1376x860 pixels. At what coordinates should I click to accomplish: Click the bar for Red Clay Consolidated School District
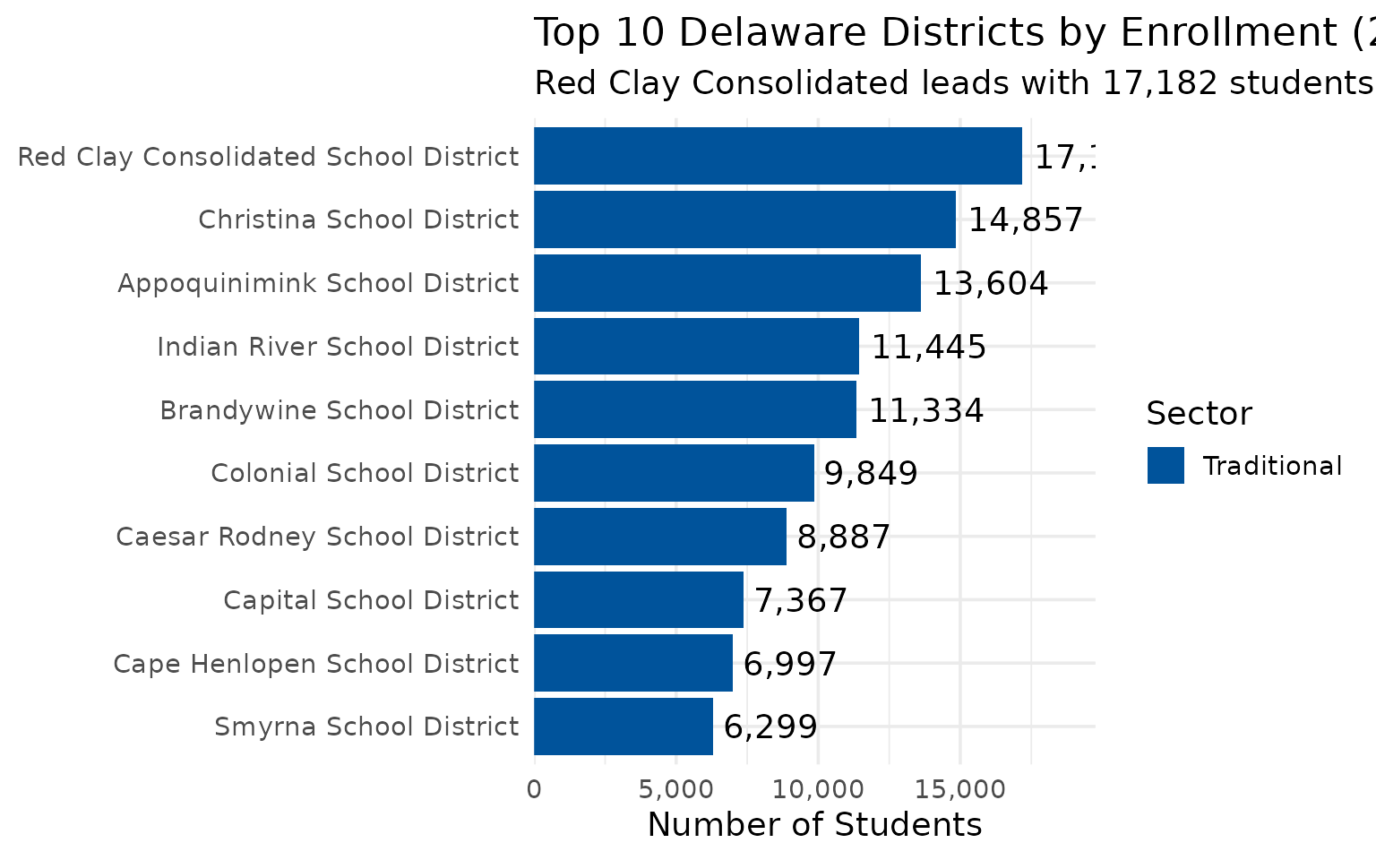[778, 156]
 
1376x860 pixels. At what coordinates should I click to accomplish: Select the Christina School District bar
[744, 219]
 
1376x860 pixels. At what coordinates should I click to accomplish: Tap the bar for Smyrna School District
[623, 727]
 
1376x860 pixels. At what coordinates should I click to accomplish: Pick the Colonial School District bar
[674, 473]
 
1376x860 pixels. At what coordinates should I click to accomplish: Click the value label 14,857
[1026, 219]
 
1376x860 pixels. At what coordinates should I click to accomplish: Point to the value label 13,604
[991, 283]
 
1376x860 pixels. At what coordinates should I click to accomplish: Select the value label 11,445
[929, 347]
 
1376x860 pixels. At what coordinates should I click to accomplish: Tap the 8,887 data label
[843, 537]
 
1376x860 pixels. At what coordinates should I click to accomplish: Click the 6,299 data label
[770, 727]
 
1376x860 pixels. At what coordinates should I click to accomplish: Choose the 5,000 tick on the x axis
[676, 789]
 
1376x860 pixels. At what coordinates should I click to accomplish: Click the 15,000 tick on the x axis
[959, 789]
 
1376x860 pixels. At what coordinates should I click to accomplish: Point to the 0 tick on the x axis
[534, 789]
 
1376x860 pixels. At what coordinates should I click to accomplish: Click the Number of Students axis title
[814, 824]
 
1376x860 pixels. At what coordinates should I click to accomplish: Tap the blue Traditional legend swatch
[1165, 466]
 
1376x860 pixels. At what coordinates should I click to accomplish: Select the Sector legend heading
[1199, 413]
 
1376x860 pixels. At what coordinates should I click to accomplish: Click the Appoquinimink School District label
[318, 283]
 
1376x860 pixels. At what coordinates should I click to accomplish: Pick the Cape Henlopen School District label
[315, 664]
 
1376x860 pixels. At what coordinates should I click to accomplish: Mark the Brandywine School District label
[339, 410]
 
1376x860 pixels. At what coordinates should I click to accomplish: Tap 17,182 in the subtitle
[1159, 82]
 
